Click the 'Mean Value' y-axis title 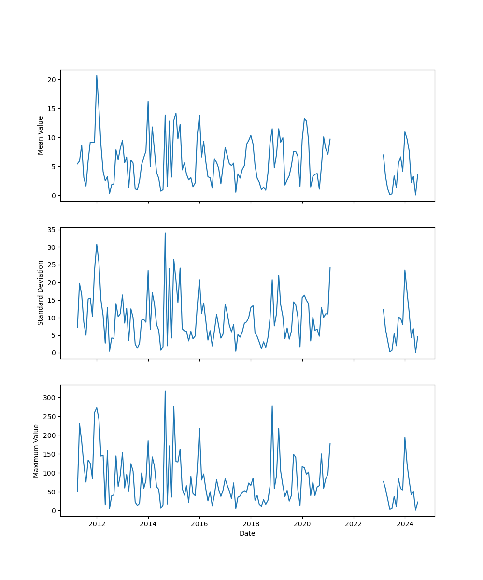41,135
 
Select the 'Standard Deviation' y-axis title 41,293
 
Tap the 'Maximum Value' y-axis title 36,450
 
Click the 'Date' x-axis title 247,533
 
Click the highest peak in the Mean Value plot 97,75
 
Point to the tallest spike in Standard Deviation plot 165,233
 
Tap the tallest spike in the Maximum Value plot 165,391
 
